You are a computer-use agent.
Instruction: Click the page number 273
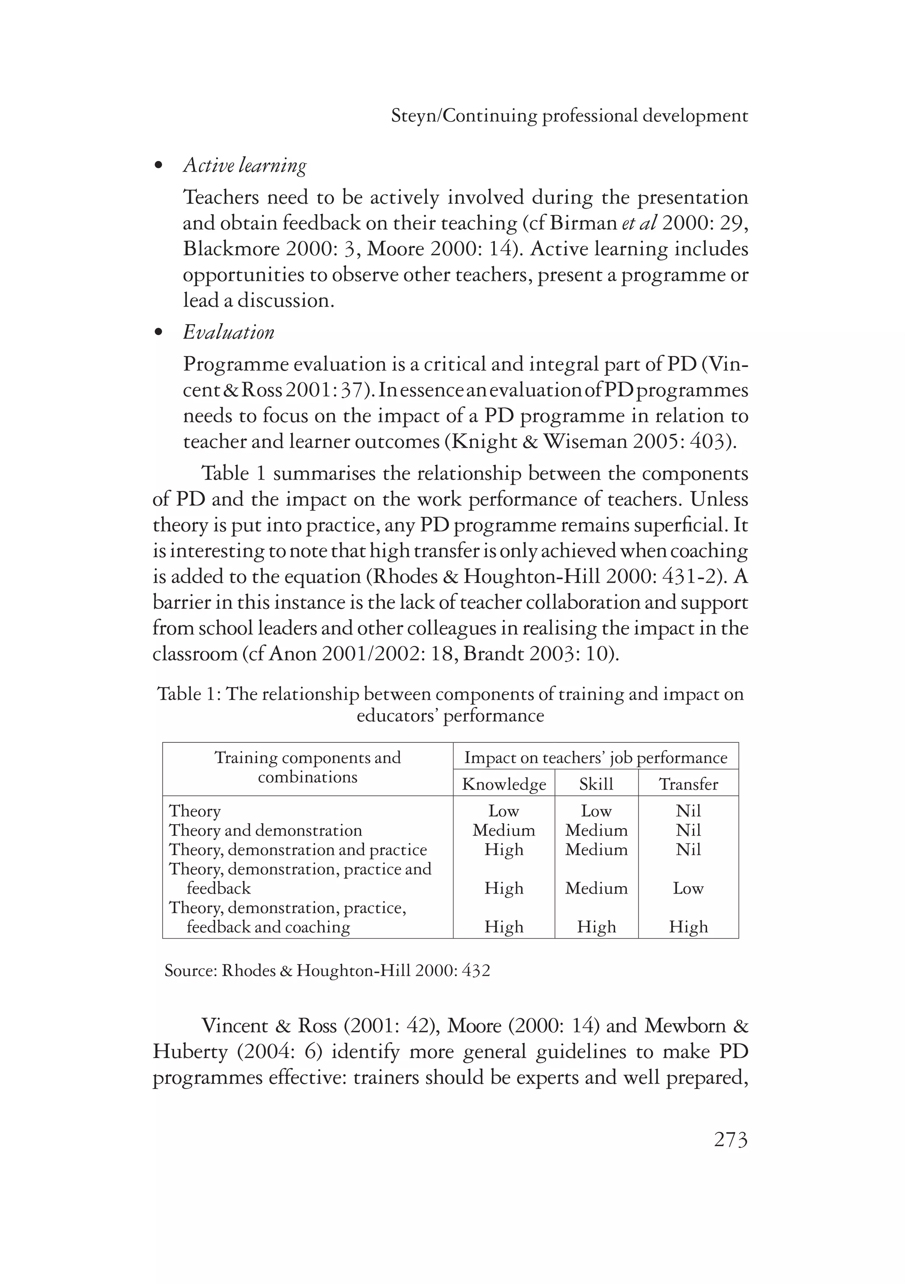point(730,1139)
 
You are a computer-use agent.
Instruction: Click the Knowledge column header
point(504,784)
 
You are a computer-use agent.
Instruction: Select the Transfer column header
point(688,784)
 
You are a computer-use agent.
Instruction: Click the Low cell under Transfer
point(688,888)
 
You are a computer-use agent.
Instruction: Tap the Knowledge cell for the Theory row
point(504,811)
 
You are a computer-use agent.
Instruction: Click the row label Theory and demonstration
point(266,830)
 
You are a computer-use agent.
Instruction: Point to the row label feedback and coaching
point(268,927)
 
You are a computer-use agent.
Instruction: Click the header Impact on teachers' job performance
point(595,757)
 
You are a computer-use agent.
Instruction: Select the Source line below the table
point(327,970)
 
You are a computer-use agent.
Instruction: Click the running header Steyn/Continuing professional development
point(569,116)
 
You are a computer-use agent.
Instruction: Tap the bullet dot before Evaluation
point(159,333)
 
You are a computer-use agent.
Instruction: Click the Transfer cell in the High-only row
point(688,927)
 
